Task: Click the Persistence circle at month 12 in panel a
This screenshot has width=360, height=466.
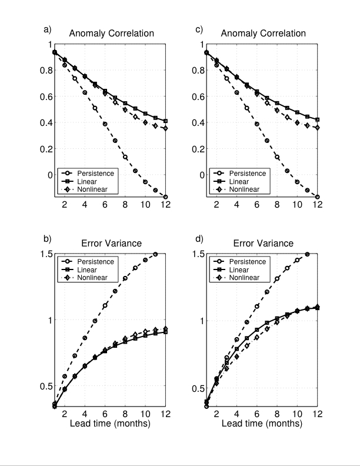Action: tap(166, 197)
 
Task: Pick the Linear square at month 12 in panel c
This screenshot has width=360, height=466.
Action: tap(318, 119)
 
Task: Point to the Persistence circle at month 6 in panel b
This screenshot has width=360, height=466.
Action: tap(105, 305)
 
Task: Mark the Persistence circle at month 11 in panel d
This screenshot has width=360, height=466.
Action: tap(308, 254)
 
